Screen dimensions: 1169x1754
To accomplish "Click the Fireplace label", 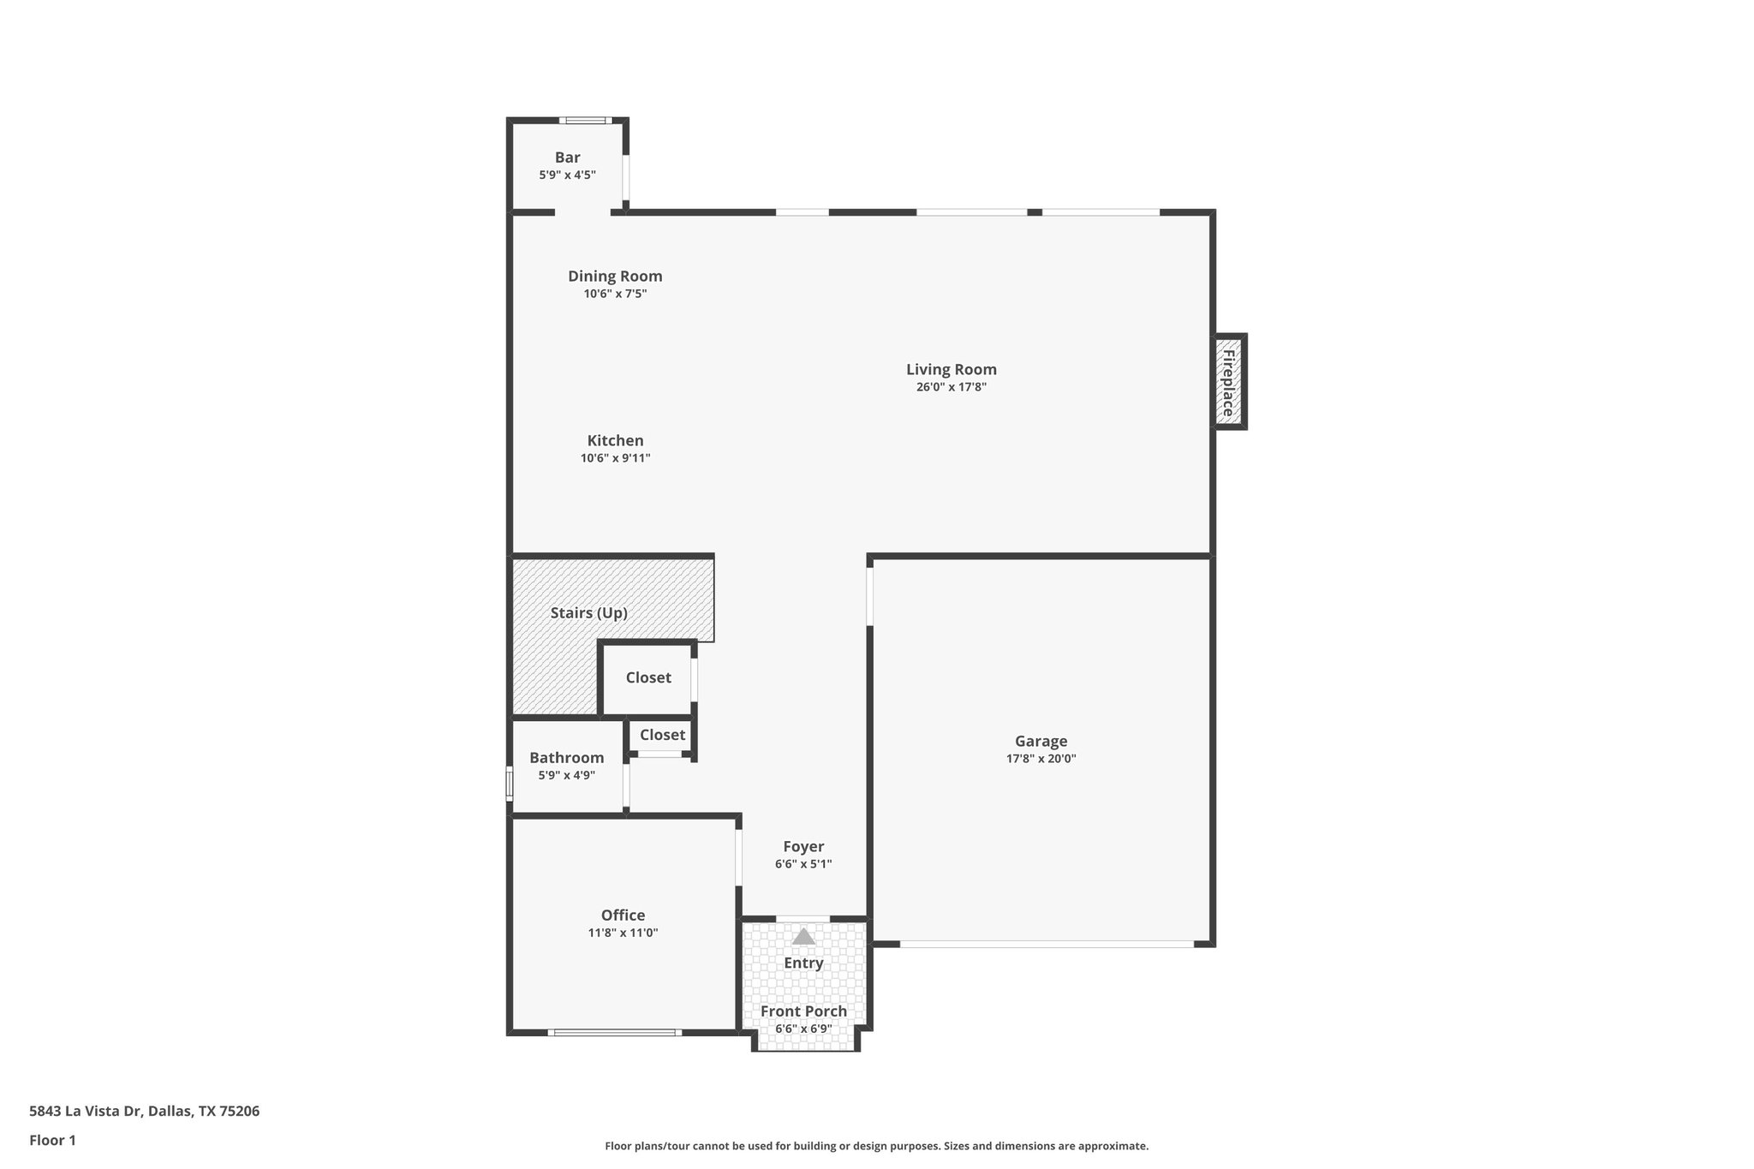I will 1228,382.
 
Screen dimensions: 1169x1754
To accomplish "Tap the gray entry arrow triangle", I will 803,937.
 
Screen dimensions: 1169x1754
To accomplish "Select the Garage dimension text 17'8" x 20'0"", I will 1041,759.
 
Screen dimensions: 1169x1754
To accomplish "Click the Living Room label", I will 952,370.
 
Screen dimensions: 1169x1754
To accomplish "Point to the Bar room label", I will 567,158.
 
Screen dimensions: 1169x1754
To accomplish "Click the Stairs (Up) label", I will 588,613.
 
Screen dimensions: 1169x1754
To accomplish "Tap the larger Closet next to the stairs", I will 648,677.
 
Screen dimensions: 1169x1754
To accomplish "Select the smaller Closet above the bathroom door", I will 662,735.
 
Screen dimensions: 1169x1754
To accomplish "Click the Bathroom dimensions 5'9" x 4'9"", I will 566,775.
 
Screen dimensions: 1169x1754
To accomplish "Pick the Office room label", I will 623,916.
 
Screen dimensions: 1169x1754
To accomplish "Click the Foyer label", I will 803,847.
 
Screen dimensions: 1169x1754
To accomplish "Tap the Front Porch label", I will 803,1011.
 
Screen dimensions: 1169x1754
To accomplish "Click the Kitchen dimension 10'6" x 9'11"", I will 615,458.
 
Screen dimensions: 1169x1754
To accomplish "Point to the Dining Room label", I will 615,277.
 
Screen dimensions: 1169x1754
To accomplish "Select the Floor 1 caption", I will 52,1141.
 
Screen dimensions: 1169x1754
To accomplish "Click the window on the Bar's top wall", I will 586,121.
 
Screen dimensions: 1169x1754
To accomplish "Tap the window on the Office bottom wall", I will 615,1033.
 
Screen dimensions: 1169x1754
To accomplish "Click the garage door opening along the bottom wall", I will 1047,944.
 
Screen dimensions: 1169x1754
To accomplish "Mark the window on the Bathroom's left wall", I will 510,784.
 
